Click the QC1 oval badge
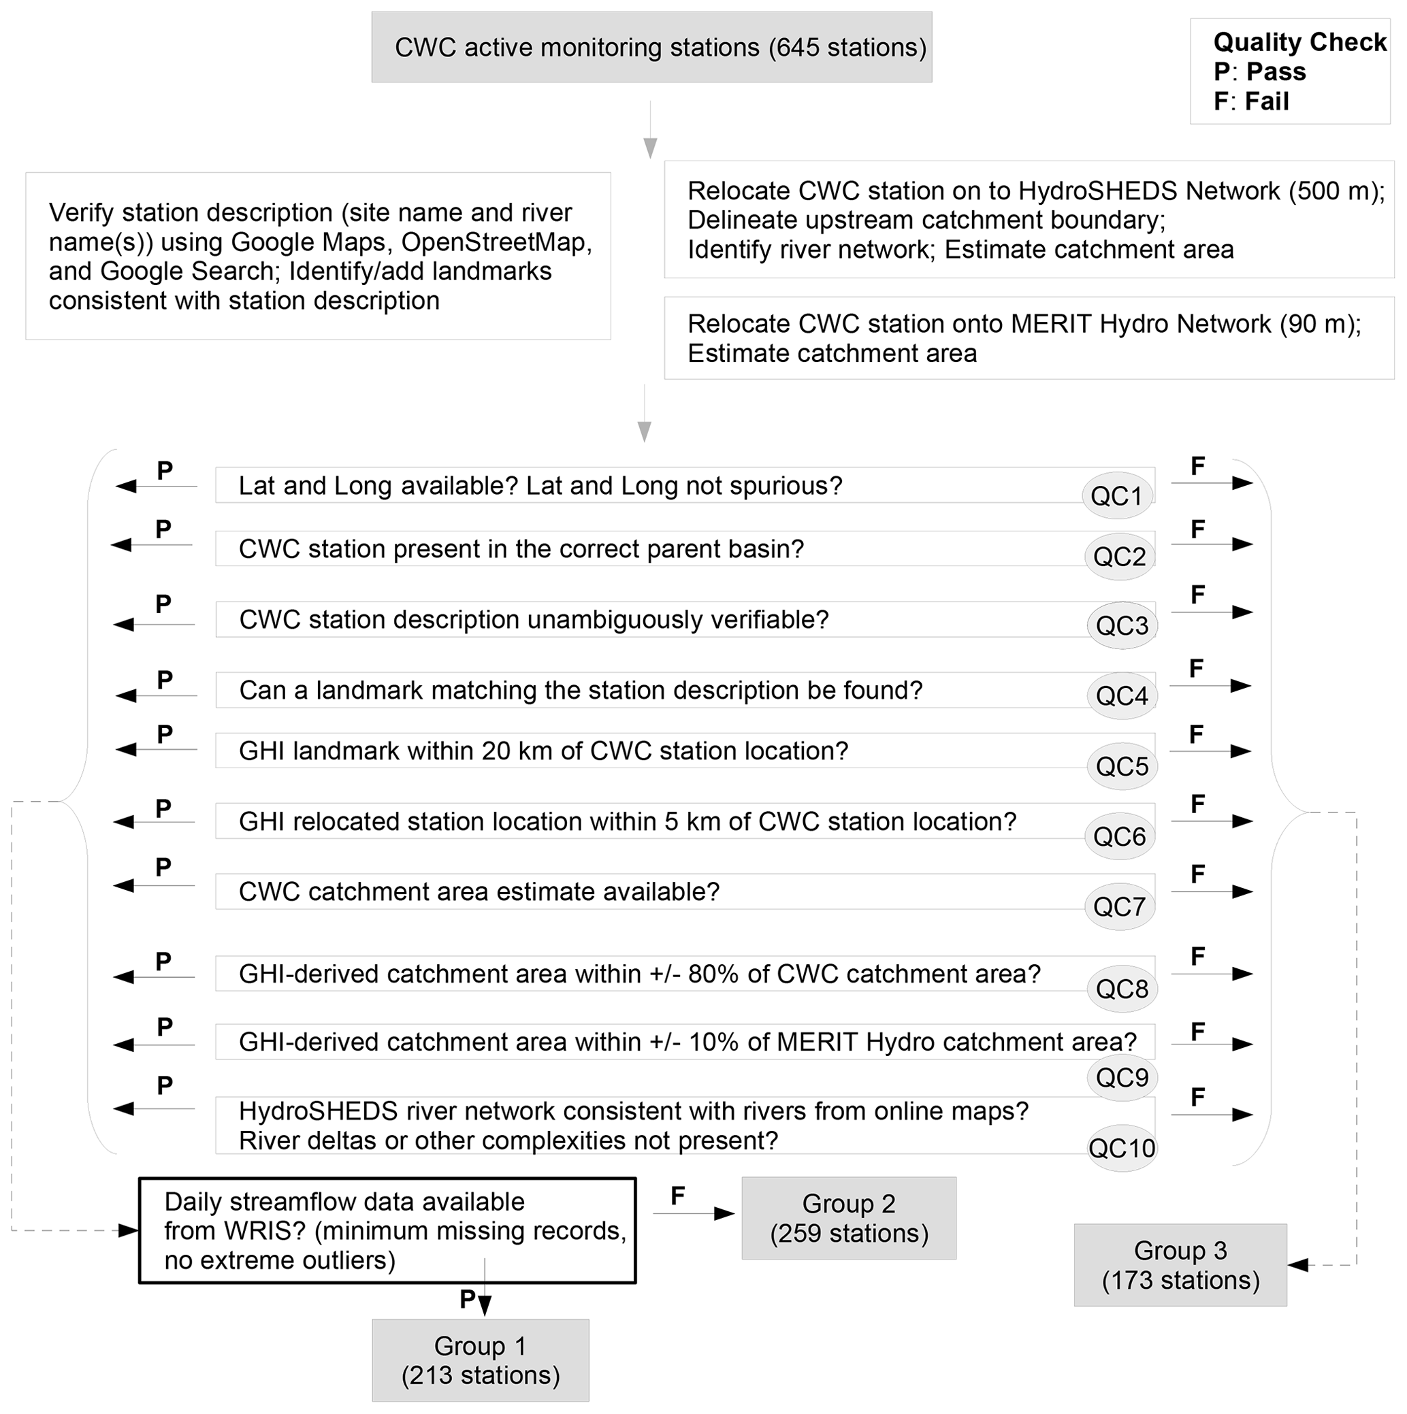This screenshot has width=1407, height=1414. (x=1116, y=496)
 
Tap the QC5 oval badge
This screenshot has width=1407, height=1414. (x=1122, y=766)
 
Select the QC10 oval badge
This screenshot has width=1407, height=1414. (x=1122, y=1147)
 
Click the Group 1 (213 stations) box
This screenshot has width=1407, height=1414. (x=480, y=1360)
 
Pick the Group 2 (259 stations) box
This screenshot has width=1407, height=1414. (x=848, y=1219)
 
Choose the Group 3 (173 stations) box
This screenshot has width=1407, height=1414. (x=1180, y=1266)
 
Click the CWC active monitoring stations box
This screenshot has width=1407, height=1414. (x=651, y=48)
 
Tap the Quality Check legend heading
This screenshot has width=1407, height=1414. (x=1299, y=42)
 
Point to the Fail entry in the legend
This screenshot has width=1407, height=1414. (x=1251, y=101)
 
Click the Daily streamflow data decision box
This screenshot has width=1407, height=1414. (x=387, y=1231)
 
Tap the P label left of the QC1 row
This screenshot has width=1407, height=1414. (x=165, y=471)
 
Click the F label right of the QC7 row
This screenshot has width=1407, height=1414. (x=1197, y=874)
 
